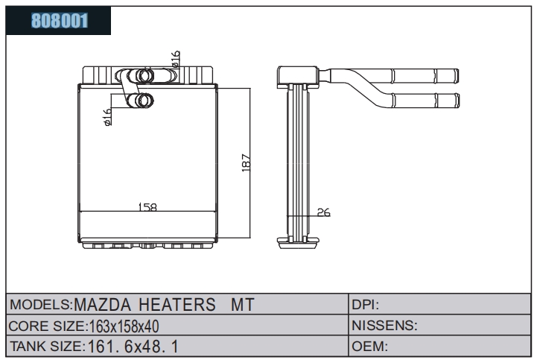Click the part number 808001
pyautogui.click(x=60, y=21)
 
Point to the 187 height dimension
pyautogui.click(x=247, y=162)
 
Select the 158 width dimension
pyautogui.click(x=147, y=207)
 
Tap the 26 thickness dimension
pyautogui.click(x=324, y=212)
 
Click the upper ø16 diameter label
pyautogui.click(x=175, y=59)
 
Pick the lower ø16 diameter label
pyautogui.click(x=107, y=117)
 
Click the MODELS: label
pyautogui.click(x=41, y=304)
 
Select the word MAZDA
pyautogui.click(x=102, y=304)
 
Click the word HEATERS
pyautogui.click(x=177, y=304)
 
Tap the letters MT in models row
pyautogui.click(x=243, y=304)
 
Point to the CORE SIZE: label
pyautogui.click(x=48, y=326)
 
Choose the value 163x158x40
pyautogui.click(x=124, y=326)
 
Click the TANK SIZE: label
pyautogui.click(x=47, y=347)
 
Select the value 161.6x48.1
pyautogui.click(x=133, y=347)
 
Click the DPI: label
pyautogui.click(x=366, y=304)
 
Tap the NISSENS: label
pyautogui.click(x=384, y=326)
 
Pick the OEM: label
pyautogui.click(x=369, y=347)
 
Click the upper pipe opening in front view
pyautogui.click(x=144, y=76)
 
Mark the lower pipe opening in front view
pyautogui.click(x=144, y=101)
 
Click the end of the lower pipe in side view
pyautogui.click(x=457, y=101)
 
